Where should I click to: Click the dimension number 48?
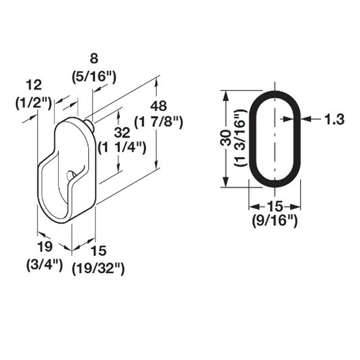click(158, 106)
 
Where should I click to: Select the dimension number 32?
click(122, 133)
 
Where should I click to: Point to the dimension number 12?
click(33, 85)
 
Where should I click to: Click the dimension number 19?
click(45, 247)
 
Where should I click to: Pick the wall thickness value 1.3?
click(334, 119)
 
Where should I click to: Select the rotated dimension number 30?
click(226, 138)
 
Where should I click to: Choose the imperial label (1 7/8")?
click(158, 123)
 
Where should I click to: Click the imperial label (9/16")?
click(274, 222)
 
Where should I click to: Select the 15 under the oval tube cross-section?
click(274, 207)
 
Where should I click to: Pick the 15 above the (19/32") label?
click(98, 251)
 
